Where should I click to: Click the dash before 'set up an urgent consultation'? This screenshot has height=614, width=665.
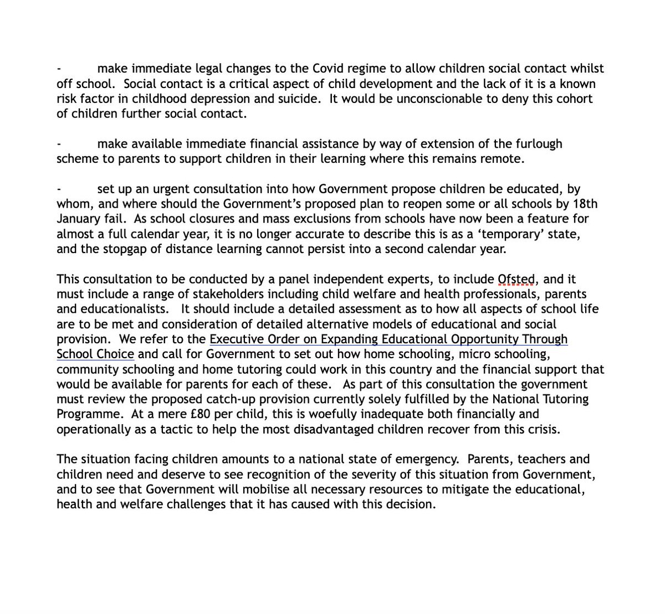(x=59, y=189)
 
